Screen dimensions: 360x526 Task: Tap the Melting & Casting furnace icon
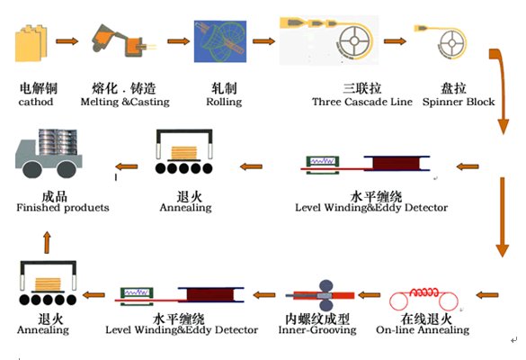(x=122, y=41)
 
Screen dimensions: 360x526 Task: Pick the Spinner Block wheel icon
(x=445, y=40)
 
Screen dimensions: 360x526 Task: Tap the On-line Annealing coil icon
(x=429, y=294)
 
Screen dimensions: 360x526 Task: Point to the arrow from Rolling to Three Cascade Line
(x=263, y=40)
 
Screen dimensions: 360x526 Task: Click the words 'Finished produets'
(x=62, y=208)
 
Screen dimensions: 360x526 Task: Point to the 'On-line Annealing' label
(x=429, y=330)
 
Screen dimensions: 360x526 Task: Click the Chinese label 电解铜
(x=36, y=89)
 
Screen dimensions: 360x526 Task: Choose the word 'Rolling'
(x=224, y=102)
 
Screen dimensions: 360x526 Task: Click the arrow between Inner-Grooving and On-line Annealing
(x=370, y=294)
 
